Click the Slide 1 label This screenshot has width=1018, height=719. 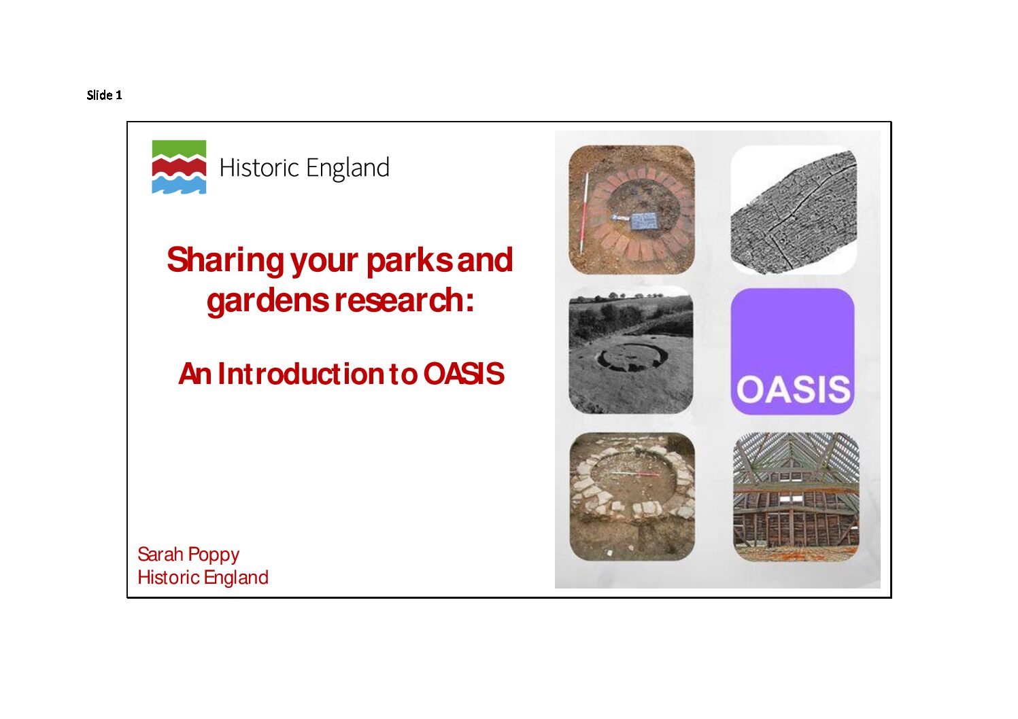104,95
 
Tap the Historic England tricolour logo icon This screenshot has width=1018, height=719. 179,167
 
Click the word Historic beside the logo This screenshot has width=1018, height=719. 258,168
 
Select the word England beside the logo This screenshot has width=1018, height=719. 347,169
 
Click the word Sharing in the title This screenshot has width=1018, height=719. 226,261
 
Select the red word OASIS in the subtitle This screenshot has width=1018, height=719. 464,374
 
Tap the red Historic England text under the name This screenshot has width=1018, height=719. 203,578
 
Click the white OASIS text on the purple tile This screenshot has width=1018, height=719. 793,389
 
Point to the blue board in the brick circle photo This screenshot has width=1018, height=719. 644,221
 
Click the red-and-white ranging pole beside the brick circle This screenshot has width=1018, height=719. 584,213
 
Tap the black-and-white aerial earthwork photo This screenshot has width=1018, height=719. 631,350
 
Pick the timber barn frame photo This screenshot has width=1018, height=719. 796,497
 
